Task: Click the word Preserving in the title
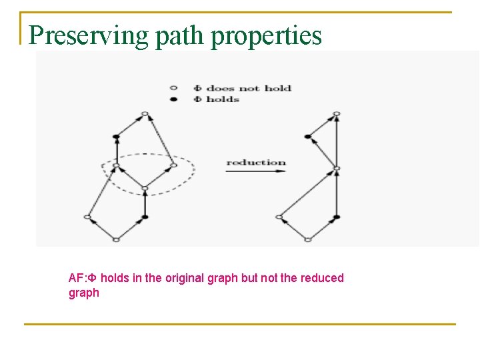point(89,35)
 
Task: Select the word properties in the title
point(267,35)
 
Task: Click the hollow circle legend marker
point(173,88)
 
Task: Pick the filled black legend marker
point(173,99)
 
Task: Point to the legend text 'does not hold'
point(249,88)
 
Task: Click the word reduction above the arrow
point(256,162)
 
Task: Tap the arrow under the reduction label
point(256,171)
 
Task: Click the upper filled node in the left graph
point(116,137)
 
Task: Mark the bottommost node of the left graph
point(116,239)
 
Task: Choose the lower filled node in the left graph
point(145,217)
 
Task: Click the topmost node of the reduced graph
point(336,114)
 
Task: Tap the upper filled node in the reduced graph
point(307,137)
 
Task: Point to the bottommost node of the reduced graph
point(307,239)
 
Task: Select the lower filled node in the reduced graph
point(336,217)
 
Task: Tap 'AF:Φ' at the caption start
point(83,278)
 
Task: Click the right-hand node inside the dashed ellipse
point(173,165)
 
